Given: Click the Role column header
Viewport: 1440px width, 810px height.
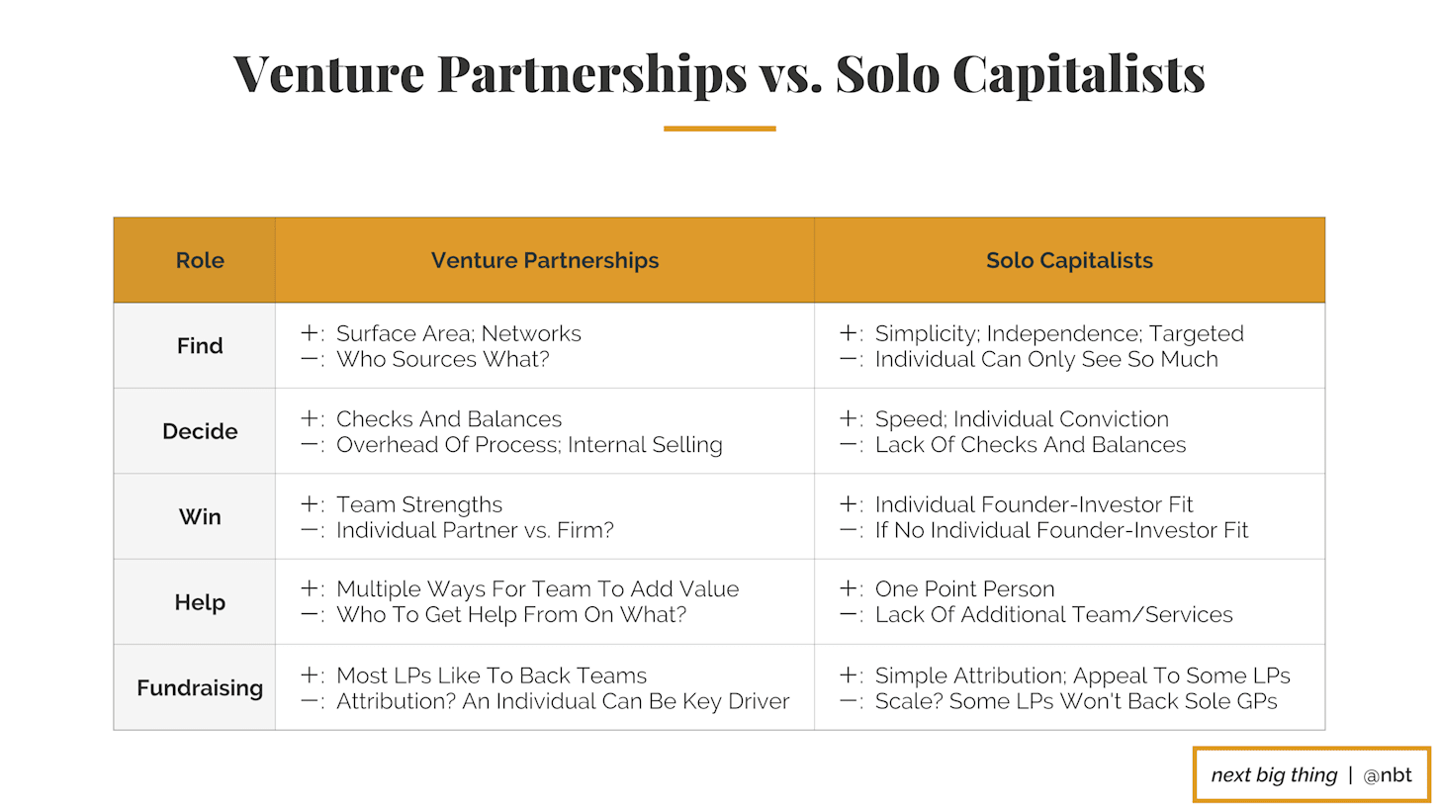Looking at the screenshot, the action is point(200,260).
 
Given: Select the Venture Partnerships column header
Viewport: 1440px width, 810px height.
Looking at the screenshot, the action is point(545,260).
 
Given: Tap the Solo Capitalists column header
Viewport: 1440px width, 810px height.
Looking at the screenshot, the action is point(1069,260).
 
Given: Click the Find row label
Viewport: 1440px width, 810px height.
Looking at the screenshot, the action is point(200,346).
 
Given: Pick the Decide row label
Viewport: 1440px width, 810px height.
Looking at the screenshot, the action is point(200,431).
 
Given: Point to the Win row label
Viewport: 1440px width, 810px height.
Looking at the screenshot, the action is point(200,517).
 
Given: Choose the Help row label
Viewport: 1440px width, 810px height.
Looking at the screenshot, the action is point(200,602).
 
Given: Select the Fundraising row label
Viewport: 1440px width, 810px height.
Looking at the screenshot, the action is point(200,688).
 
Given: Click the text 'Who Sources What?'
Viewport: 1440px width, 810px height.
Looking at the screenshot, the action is point(443,359).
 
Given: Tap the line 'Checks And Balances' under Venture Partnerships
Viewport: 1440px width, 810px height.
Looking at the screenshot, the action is point(449,419).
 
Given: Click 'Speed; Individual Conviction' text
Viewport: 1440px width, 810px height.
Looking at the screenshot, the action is point(1022,419).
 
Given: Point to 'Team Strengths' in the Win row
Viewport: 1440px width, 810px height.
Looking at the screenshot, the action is point(419,504).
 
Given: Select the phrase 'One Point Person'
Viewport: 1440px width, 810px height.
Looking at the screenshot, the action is point(964,588).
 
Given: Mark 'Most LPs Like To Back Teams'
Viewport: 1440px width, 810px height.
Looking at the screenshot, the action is point(492,675).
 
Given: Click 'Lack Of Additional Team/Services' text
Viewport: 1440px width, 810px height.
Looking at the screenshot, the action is point(1053,614).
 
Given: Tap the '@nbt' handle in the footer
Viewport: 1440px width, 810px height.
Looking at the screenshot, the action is point(1388,775).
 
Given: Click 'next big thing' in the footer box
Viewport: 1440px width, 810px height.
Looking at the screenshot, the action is point(1274,775).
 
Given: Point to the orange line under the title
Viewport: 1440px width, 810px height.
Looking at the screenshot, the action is point(719,129).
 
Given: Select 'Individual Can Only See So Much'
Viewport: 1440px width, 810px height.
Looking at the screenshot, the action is point(1046,359).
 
